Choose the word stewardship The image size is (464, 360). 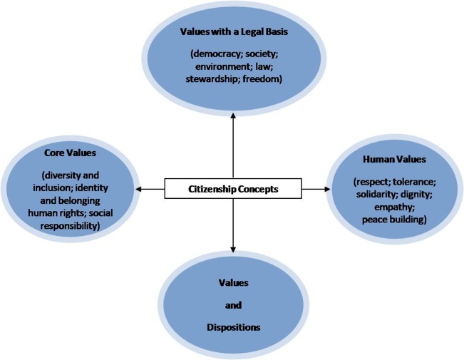[x=211, y=79]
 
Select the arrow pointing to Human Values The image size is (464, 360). [x=324, y=189]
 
